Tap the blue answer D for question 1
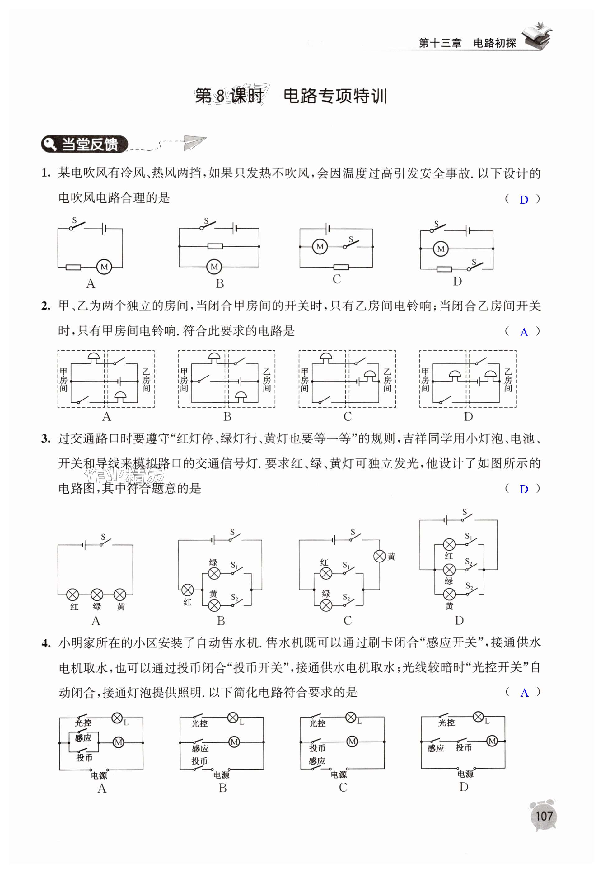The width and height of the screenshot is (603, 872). pos(524,200)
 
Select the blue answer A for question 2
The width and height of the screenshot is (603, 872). pos(524,332)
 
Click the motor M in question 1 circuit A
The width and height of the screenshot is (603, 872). pos(104,267)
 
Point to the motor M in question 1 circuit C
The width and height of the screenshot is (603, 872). pos(320,247)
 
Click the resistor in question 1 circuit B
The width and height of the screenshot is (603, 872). pos(215,247)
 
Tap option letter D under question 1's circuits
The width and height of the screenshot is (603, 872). pos(457,281)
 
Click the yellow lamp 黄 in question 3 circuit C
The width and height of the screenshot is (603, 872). pos(379,556)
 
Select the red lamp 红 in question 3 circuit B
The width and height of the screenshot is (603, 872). pos(188,590)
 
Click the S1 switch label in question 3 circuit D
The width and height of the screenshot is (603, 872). pos(469,536)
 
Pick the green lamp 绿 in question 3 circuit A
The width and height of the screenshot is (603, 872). pos(97,595)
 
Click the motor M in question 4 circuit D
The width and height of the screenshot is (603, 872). pos(492,741)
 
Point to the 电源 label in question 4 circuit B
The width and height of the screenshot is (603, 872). pos(222,775)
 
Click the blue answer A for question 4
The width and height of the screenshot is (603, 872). pos(524,693)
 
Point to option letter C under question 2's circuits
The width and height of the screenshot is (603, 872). pos(348,417)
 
